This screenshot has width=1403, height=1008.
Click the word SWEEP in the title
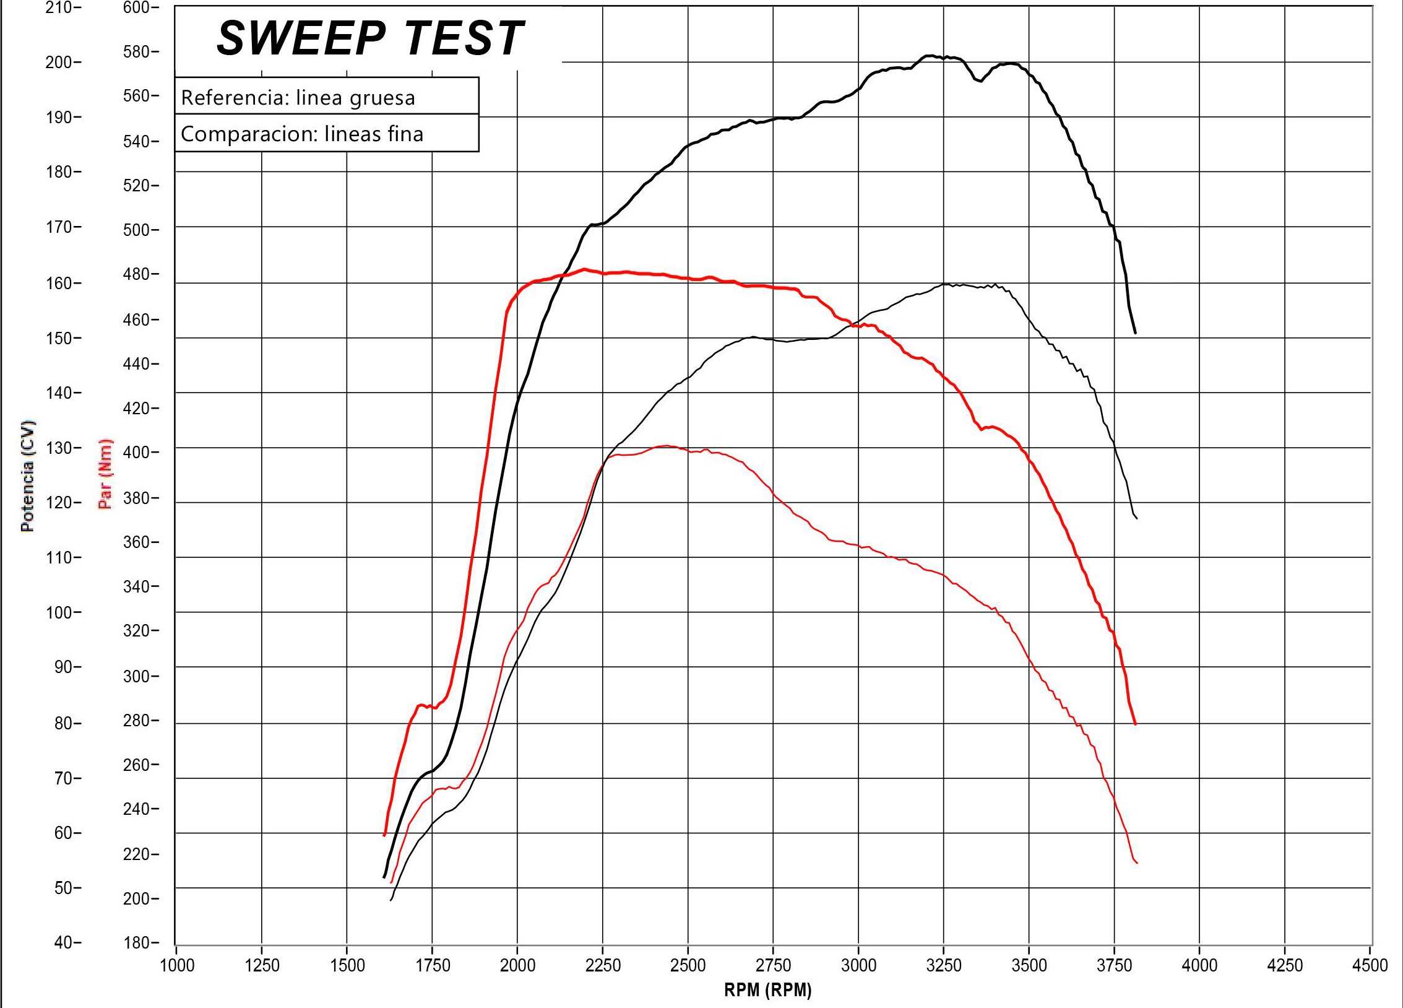pos(301,38)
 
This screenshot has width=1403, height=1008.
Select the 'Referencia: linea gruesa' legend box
pos(326,97)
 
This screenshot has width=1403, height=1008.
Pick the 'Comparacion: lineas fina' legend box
pos(326,133)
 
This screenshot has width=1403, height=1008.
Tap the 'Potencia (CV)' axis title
pos(27,476)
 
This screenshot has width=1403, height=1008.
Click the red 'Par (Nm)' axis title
pos(106,473)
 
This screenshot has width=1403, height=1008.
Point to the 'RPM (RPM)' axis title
pos(767,990)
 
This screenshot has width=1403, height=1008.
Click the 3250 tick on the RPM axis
pos(943,965)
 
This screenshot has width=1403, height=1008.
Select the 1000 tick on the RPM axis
pos(177,965)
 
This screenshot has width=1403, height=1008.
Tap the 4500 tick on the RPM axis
pos(1370,965)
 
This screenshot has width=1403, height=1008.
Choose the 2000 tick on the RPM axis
pos(517,965)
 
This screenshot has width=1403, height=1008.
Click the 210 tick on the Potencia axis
pos(59,7)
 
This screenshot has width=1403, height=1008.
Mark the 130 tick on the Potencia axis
pos(59,448)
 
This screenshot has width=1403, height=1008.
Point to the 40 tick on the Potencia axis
pos(63,942)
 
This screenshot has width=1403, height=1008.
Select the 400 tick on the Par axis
pos(137,452)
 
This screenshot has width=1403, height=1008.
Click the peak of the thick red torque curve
pos(584,269)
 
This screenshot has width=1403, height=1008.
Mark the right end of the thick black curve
pos(1135,333)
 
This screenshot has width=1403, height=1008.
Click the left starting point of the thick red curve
pos(384,835)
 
